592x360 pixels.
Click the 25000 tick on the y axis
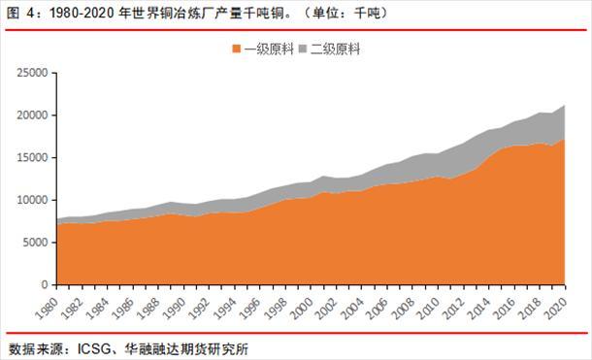pos(31,73)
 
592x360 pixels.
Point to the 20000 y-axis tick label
pos(31,115)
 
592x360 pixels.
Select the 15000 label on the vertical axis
pos(31,158)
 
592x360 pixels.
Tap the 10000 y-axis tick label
pos(31,201)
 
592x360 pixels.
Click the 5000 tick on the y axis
pos(35,244)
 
